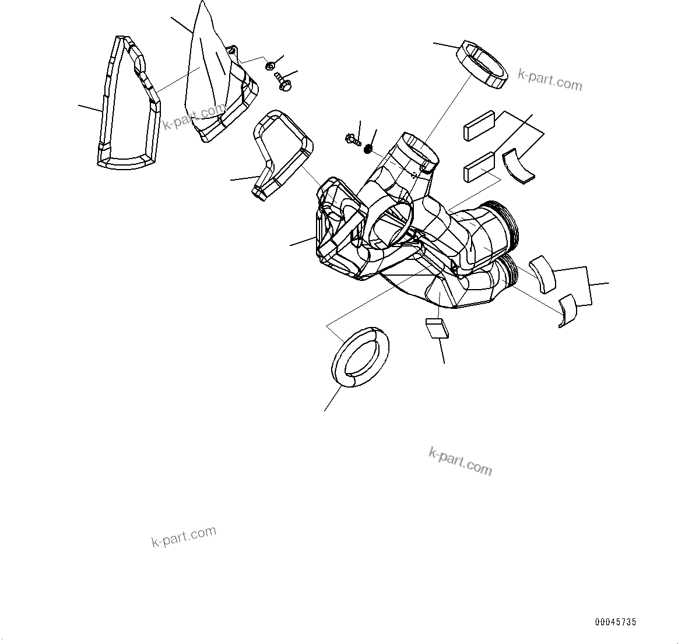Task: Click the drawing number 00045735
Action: click(x=615, y=622)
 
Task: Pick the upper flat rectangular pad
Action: click(x=479, y=126)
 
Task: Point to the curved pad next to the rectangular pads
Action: click(x=521, y=168)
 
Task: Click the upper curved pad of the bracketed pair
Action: click(x=543, y=273)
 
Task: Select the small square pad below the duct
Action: click(x=437, y=328)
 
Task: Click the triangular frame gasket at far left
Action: click(x=127, y=105)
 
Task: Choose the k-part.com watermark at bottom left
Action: click(x=184, y=536)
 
